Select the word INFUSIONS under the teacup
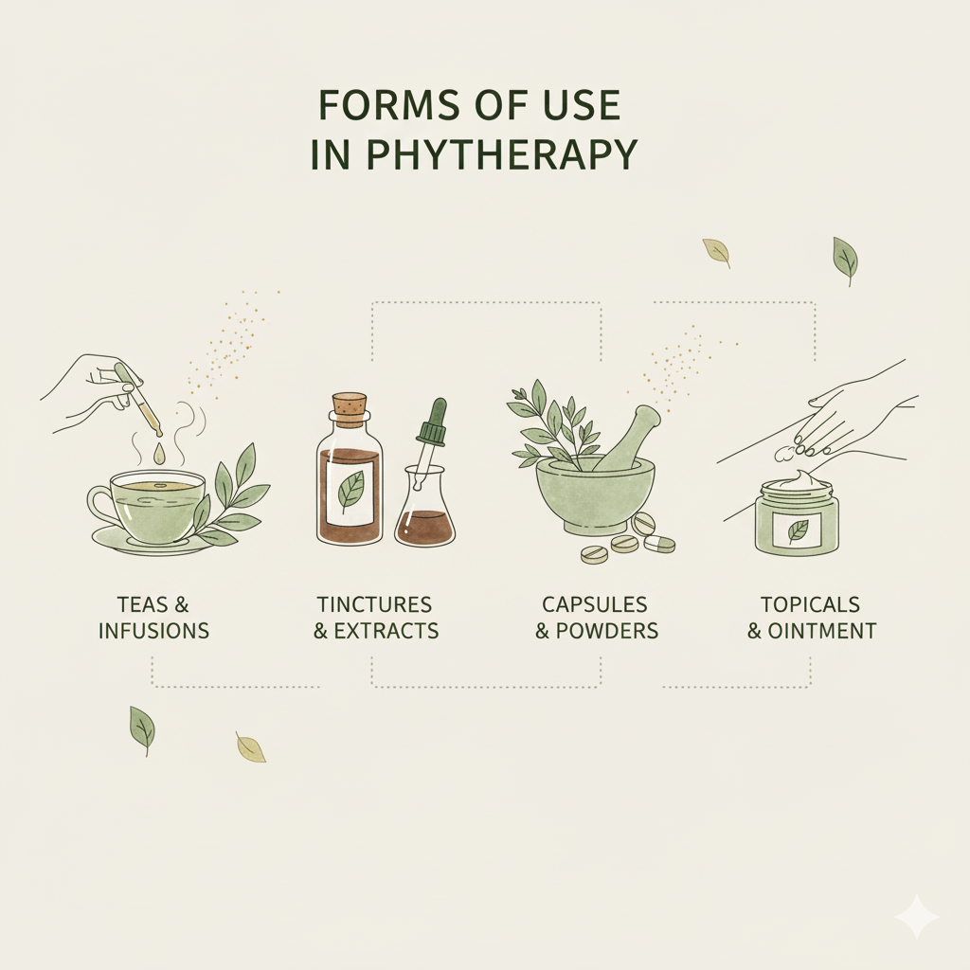154,630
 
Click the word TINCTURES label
374,603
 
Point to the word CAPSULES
595,603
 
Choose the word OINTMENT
822,631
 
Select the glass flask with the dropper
424,504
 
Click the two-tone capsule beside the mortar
659,544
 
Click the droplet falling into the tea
160,455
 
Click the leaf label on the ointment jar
797,530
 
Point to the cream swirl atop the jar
799,479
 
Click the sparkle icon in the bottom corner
917,917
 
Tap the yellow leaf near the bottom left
250,746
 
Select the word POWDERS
607,631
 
